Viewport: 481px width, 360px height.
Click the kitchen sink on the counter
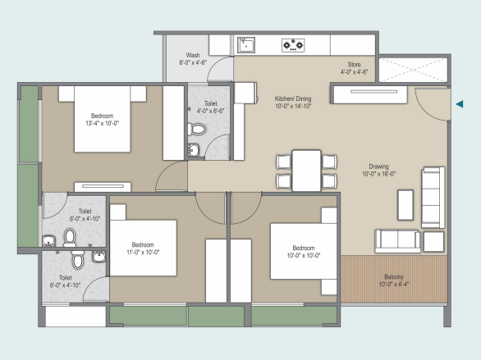coord(246,45)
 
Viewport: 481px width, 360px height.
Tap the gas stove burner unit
coord(293,45)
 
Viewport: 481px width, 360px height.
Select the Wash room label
coord(193,55)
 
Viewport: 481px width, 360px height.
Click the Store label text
coord(354,65)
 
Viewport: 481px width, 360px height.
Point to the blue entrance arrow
coord(459,104)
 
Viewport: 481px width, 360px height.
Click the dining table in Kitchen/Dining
coord(306,171)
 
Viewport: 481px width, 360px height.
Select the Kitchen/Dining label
coord(293,98)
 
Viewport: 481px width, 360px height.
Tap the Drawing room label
coord(379,166)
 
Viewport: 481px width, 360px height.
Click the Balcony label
coord(394,276)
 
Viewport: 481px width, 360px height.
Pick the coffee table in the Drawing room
coord(405,205)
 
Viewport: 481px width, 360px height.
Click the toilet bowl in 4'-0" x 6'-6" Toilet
coord(197,129)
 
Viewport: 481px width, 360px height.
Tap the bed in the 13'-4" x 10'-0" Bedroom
coord(103,119)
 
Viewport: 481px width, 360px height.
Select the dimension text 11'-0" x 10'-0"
coord(143,253)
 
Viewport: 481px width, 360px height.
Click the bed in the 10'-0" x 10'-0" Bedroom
coord(304,251)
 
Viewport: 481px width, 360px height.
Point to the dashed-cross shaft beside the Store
coord(413,70)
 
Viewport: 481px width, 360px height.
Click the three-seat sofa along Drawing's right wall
coord(433,198)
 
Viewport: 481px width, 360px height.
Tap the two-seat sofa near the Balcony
coord(397,241)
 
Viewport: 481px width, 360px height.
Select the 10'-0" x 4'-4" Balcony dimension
coord(394,285)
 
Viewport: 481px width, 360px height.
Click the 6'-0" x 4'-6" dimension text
coord(193,62)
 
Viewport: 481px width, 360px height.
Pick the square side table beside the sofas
coord(433,242)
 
